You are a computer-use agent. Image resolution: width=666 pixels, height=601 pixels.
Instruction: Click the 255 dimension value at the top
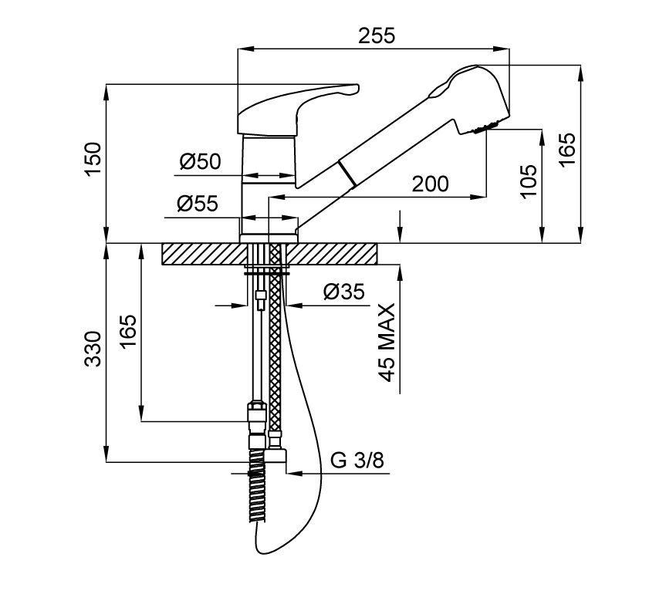pyautogui.click(x=377, y=35)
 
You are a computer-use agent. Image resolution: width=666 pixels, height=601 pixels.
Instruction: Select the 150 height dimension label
pyautogui.click(x=93, y=160)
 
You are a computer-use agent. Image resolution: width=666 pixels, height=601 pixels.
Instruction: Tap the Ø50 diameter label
pyautogui.click(x=200, y=161)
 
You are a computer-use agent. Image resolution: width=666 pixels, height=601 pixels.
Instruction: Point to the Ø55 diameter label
pyautogui.click(x=198, y=204)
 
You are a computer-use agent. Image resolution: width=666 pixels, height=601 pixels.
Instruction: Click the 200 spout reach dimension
pyautogui.click(x=430, y=184)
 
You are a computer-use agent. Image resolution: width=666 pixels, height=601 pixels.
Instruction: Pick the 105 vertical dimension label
pyautogui.click(x=529, y=182)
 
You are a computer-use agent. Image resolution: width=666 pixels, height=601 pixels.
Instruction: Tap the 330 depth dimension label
pyautogui.click(x=93, y=351)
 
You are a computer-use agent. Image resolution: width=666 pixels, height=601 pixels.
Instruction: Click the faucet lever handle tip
pyautogui.click(x=351, y=89)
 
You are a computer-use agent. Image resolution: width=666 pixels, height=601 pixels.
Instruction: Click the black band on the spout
pyautogui.click(x=347, y=174)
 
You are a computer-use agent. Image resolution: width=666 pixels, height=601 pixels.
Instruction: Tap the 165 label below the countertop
pyautogui.click(x=128, y=332)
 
